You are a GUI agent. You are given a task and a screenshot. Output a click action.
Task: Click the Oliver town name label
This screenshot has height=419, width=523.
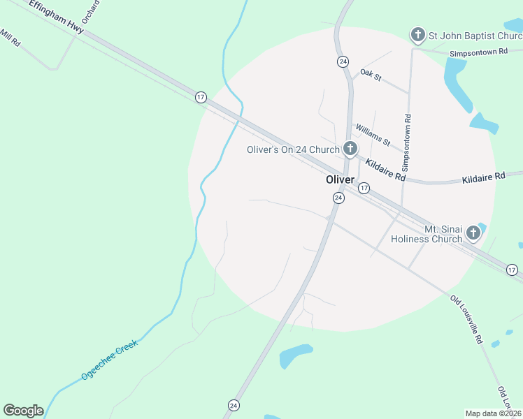click(x=340, y=179)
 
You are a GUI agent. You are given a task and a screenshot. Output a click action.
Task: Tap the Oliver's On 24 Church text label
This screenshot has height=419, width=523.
click(x=293, y=149)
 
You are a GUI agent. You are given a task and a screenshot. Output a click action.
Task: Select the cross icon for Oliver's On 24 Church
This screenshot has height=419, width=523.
click(x=350, y=148)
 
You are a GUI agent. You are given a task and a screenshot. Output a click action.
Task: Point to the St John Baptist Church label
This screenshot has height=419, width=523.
click(x=475, y=35)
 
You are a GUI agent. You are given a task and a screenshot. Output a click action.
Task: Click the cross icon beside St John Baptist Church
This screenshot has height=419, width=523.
click(x=417, y=34)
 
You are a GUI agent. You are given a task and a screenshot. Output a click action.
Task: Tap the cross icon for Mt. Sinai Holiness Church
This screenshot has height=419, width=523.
click(x=473, y=233)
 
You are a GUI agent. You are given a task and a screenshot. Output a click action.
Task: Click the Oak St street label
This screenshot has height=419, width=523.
click(x=370, y=75)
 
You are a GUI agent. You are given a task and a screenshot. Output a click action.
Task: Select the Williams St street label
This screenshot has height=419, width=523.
click(x=373, y=134)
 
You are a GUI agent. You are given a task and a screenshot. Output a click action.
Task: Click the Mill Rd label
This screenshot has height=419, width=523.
click(x=10, y=38)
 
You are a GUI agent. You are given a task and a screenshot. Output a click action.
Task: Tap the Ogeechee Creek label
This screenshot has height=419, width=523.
click(x=110, y=360)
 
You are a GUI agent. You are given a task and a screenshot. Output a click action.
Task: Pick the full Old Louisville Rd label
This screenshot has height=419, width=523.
click(x=466, y=320)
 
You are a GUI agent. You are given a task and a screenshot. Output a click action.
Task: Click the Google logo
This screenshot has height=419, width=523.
click(x=23, y=411)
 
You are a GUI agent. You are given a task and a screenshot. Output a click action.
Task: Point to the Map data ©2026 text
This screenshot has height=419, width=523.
click(x=494, y=413)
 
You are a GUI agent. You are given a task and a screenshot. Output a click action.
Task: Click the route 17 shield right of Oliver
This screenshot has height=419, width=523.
click(x=364, y=189)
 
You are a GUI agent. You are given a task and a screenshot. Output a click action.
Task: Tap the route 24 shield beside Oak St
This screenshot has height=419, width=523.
click(x=343, y=61)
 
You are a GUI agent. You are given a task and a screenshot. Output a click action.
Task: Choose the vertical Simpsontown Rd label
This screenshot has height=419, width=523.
click(x=407, y=144)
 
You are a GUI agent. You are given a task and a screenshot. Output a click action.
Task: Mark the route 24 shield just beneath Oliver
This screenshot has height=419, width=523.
click(x=338, y=198)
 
